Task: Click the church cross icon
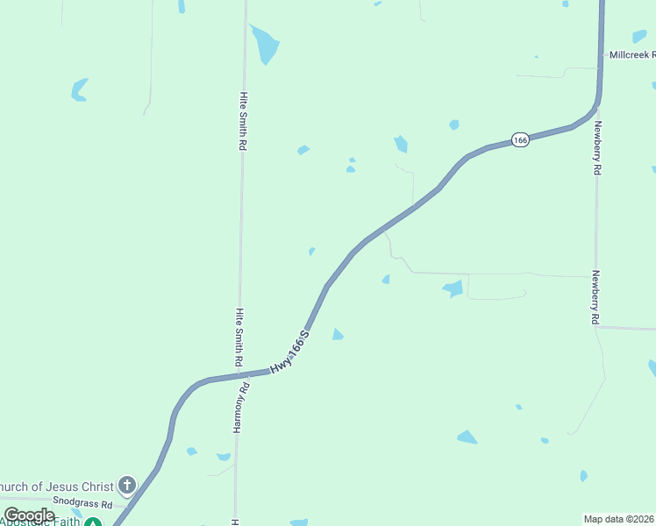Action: click(x=127, y=485)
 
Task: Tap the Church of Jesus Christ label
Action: click(x=57, y=487)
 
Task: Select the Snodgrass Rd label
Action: click(x=82, y=505)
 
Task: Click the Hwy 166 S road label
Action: click(x=290, y=353)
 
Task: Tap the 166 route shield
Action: click(x=521, y=140)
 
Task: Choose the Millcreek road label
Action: click(x=632, y=54)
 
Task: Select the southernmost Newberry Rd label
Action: click(x=595, y=297)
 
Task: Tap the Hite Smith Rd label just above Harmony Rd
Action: click(x=239, y=337)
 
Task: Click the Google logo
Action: click(x=29, y=515)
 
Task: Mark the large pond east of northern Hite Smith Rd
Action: click(x=264, y=45)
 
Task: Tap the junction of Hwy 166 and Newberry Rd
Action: click(x=596, y=107)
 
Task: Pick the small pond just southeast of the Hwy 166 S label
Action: click(x=337, y=334)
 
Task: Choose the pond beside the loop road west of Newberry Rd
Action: click(x=453, y=288)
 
